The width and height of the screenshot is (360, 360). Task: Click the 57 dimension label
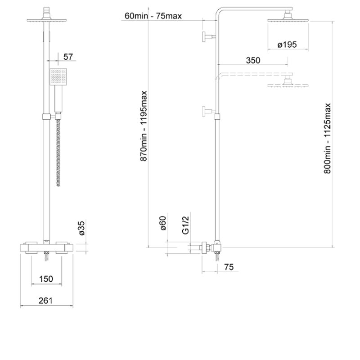(x=68, y=57)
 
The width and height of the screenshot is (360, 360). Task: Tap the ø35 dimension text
(x=82, y=228)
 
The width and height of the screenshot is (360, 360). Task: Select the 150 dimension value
(x=46, y=279)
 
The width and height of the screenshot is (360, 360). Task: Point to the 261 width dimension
(x=45, y=301)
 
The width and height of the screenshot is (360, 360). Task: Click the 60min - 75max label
(x=153, y=16)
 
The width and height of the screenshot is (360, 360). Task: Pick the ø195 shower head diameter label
(x=287, y=44)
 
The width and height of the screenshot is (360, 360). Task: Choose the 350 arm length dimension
(x=253, y=60)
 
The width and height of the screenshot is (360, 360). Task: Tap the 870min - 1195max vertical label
(x=144, y=126)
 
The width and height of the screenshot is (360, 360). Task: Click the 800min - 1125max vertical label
(x=327, y=139)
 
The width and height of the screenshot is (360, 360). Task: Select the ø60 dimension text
(x=162, y=223)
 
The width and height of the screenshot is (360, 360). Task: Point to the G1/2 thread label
(x=185, y=225)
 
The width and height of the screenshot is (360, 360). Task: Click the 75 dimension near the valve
(x=229, y=267)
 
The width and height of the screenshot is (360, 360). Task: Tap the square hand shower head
(x=58, y=76)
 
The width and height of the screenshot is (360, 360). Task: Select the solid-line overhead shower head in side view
(x=288, y=18)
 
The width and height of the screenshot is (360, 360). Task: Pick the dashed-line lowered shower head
(x=288, y=83)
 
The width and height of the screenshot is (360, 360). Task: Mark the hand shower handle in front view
(x=58, y=99)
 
